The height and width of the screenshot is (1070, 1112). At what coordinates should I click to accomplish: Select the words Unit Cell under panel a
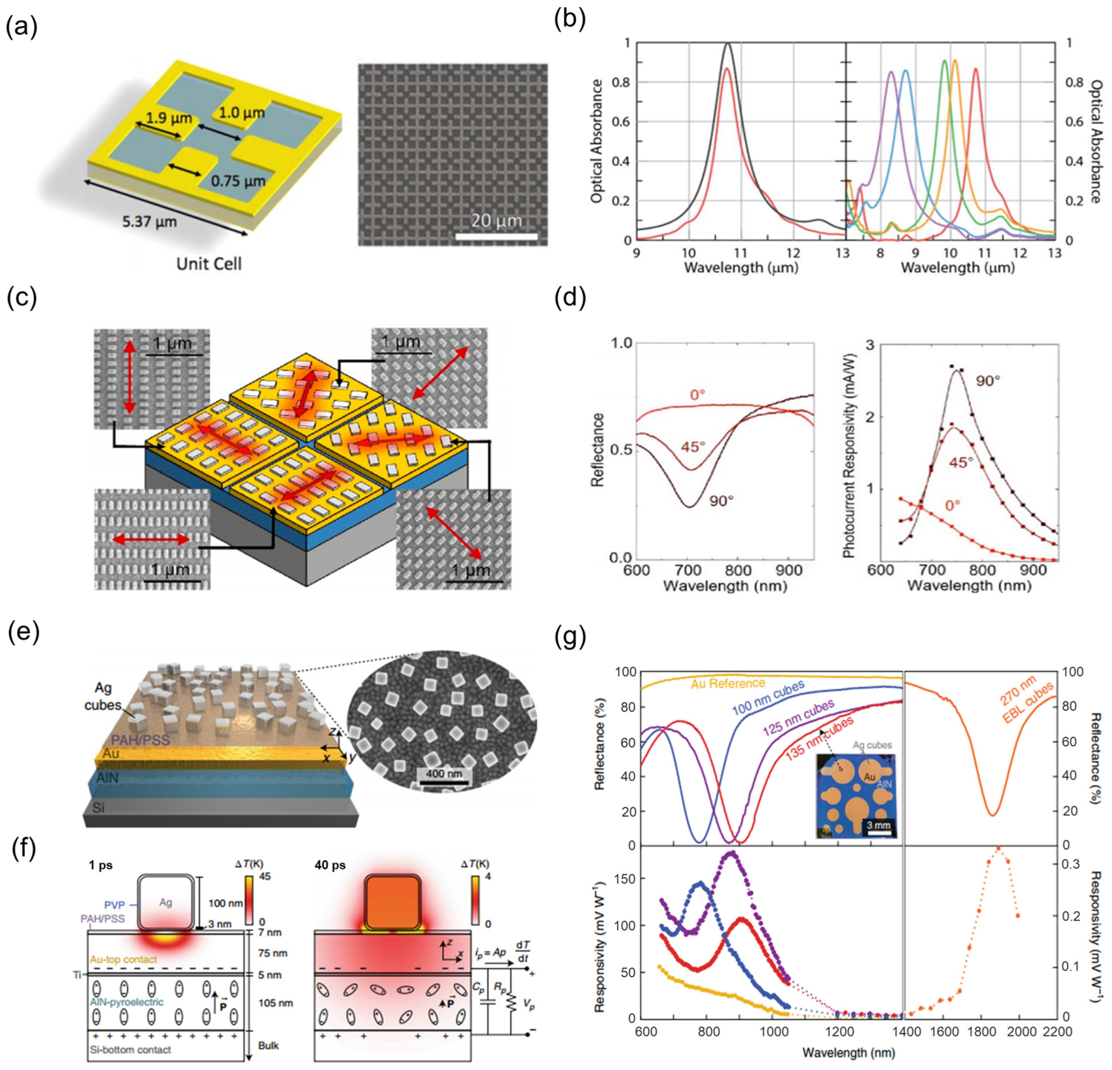click(x=209, y=263)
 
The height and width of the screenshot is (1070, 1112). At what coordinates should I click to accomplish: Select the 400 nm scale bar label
click(x=444, y=774)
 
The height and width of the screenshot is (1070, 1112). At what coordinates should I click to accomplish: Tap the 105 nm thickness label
click(x=275, y=1003)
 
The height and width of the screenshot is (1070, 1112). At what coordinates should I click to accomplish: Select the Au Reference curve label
click(x=728, y=684)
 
